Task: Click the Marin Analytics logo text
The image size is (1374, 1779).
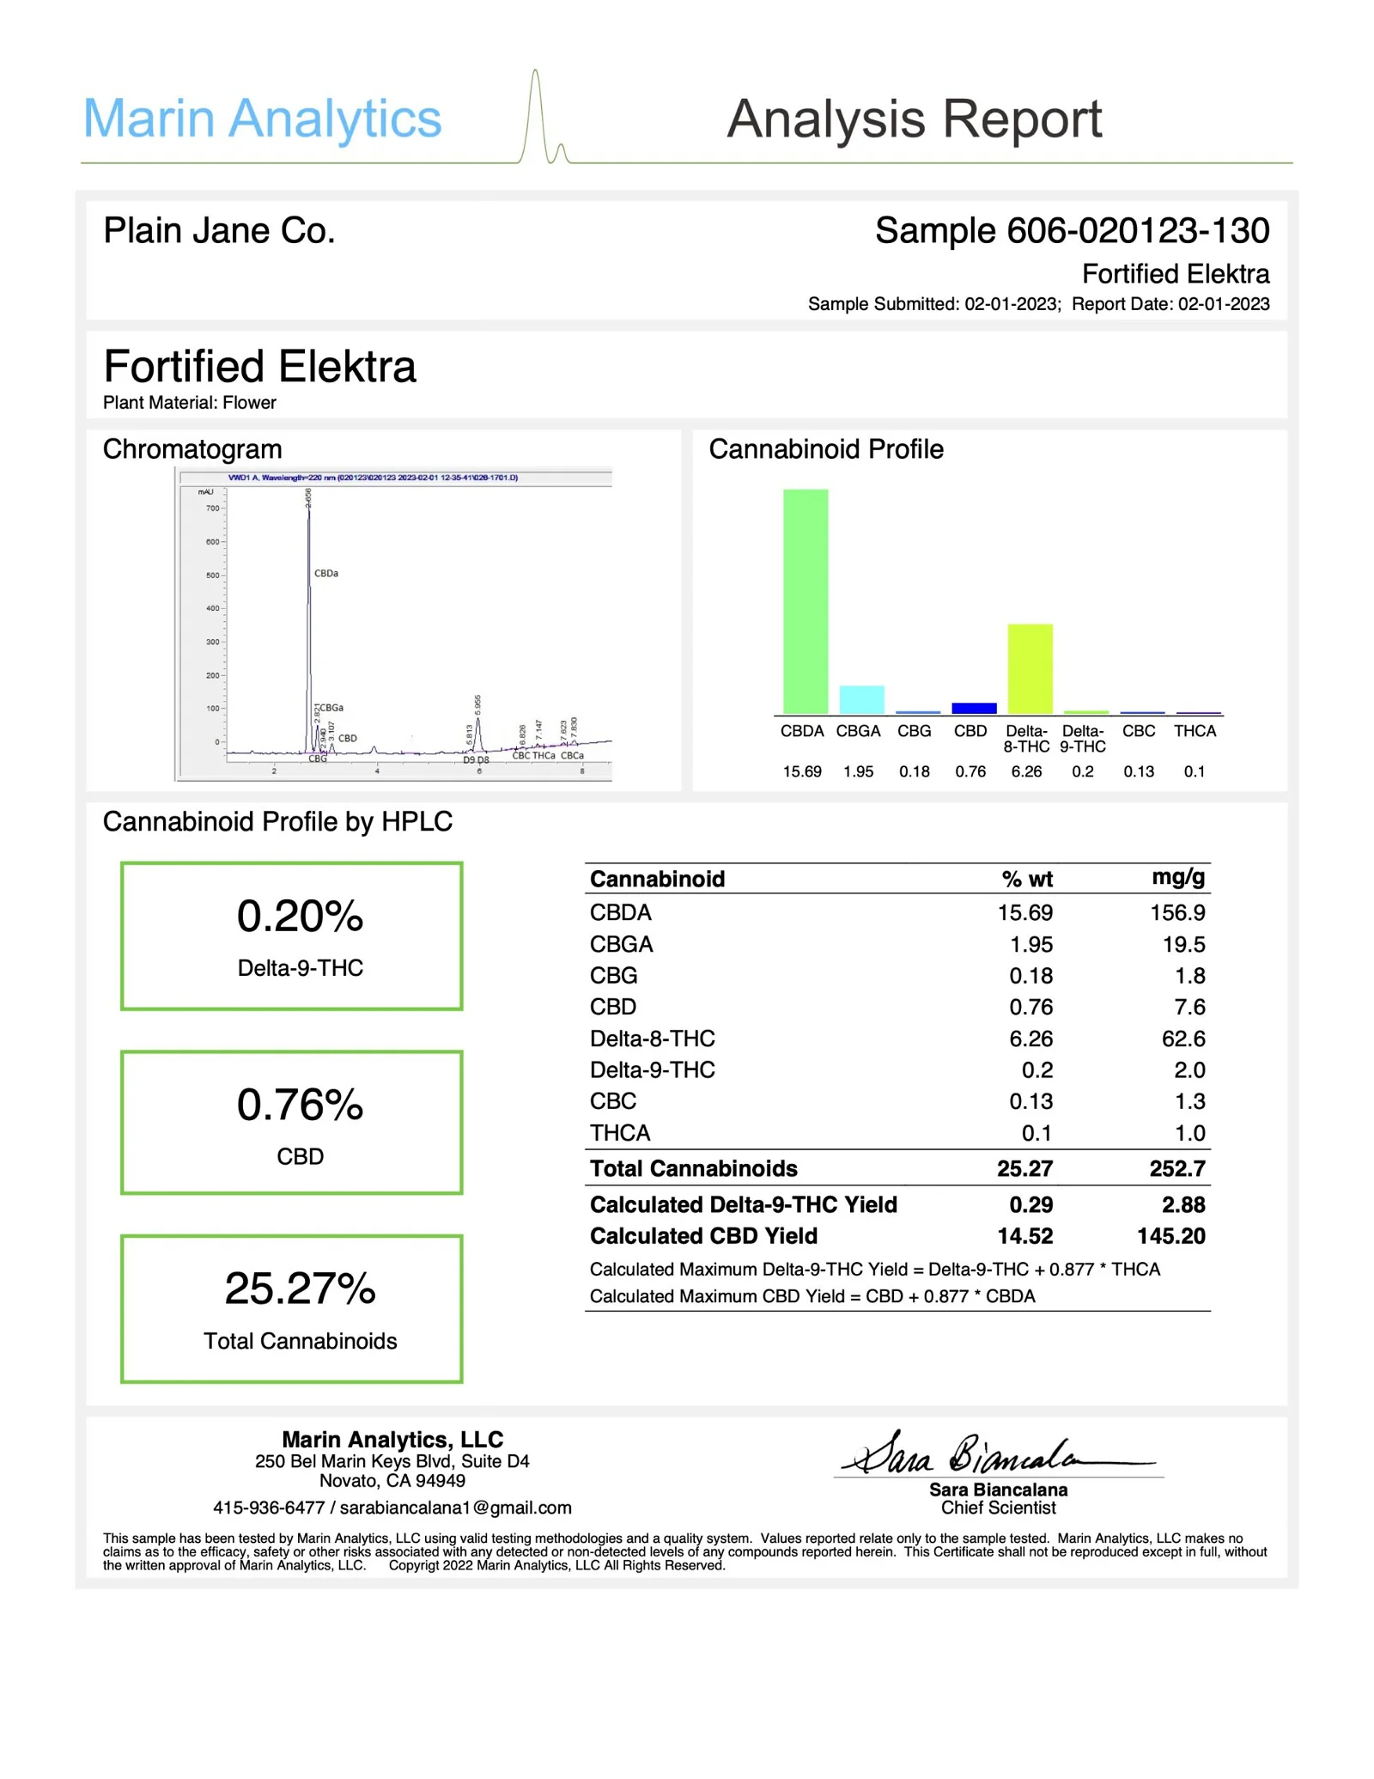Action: (262, 119)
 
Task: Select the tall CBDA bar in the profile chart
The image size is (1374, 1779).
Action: (805, 601)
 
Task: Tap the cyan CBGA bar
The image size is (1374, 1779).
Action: (861, 699)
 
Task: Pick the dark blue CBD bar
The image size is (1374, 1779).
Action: (974, 708)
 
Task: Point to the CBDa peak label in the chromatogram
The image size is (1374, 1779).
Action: (326, 573)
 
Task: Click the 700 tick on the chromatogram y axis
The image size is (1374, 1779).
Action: (212, 509)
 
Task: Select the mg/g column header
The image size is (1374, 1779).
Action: (1177, 877)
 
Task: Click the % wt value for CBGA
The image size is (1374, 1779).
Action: (1030, 944)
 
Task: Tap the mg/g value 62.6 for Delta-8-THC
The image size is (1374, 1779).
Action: (1182, 1039)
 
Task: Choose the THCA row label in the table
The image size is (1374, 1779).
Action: (620, 1133)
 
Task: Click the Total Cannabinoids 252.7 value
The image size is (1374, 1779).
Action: (1176, 1168)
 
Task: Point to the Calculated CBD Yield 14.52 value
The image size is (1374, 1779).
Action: (1024, 1235)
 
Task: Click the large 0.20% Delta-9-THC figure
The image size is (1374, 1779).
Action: (300, 916)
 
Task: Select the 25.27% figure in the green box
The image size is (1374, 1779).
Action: (300, 1289)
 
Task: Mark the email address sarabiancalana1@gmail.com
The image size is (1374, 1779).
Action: (455, 1508)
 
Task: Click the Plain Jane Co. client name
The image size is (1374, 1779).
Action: (219, 230)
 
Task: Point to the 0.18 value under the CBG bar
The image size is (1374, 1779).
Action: (914, 771)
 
